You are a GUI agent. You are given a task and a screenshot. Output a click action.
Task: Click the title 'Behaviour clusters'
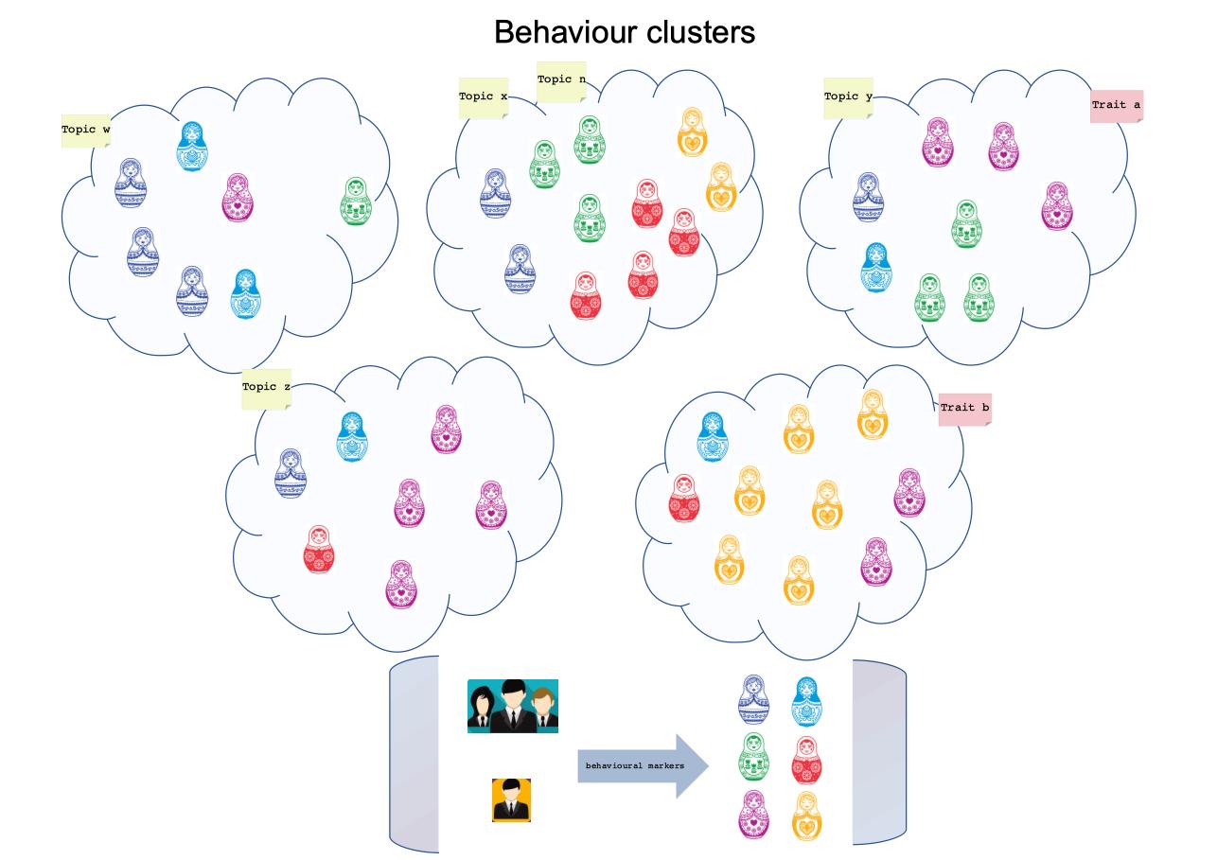click(x=625, y=32)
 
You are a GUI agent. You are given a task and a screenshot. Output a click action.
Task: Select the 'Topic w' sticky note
click(x=85, y=130)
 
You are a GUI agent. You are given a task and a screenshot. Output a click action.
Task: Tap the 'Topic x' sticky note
click(x=483, y=97)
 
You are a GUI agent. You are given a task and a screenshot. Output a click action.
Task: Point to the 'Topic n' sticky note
click(x=561, y=80)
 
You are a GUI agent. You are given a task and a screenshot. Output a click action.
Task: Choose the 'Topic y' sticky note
click(x=848, y=97)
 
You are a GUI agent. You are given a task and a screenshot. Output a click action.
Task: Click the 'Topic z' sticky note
click(x=266, y=388)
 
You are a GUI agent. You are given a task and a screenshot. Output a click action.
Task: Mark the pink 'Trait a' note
click(x=1117, y=105)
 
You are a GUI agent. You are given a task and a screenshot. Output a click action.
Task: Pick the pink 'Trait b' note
click(x=964, y=409)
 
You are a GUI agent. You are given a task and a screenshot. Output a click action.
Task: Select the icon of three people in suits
click(x=512, y=706)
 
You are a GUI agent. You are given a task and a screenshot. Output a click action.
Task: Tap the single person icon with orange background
click(x=511, y=800)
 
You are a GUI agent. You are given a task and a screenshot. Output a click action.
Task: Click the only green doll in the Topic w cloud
click(x=356, y=202)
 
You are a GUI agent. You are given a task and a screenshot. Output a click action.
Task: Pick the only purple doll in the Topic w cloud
click(x=238, y=197)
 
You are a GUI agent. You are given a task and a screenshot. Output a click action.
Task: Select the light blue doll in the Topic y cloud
click(x=875, y=268)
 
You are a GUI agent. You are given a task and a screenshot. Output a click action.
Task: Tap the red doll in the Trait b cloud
click(x=684, y=499)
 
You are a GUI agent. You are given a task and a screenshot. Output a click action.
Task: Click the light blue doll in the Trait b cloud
click(x=713, y=436)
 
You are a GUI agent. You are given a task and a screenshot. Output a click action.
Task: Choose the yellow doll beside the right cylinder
click(x=806, y=815)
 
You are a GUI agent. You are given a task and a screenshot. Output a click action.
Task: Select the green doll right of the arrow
click(x=753, y=757)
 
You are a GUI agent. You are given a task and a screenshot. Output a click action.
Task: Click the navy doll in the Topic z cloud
click(x=291, y=473)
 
